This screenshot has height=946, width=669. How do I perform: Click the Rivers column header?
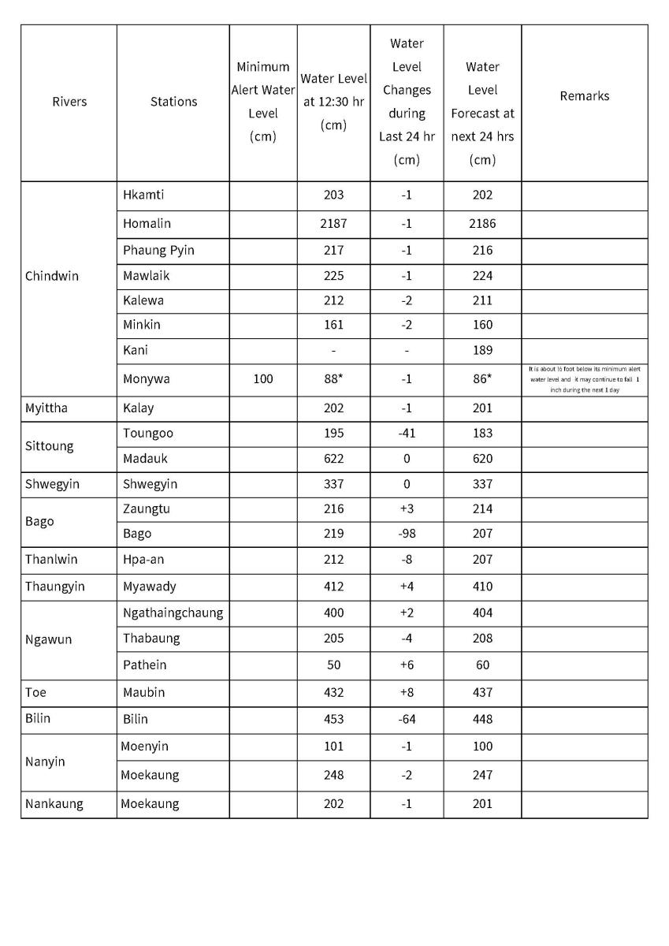[69, 102]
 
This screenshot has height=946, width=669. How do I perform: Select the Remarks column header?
[584, 96]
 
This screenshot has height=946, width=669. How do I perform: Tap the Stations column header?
[173, 102]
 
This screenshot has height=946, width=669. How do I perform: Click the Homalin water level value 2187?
[333, 224]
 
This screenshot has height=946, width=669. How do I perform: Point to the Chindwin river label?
[52, 277]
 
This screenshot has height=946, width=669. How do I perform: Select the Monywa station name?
[147, 379]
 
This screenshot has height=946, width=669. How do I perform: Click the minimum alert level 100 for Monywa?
[263, 379]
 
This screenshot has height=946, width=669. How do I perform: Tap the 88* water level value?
[333, 379]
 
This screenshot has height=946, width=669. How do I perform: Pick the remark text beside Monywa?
[584, 379]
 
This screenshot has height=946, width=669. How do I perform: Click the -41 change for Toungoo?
[407, 434]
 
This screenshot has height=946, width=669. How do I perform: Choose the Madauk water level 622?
[333, 459]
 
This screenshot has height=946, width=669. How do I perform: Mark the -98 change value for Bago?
[407, 534]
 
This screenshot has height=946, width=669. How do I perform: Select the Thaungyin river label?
[55, 587]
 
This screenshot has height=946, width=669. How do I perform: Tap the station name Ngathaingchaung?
[173, 613]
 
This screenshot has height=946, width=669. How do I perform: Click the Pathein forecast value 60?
[482, 665]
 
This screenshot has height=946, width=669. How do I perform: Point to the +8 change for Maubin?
[407, 693]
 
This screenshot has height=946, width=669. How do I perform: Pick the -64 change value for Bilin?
[407, 720]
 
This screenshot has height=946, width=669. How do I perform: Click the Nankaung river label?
[54, 804]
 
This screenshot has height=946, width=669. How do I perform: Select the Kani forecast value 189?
[482, 350]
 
